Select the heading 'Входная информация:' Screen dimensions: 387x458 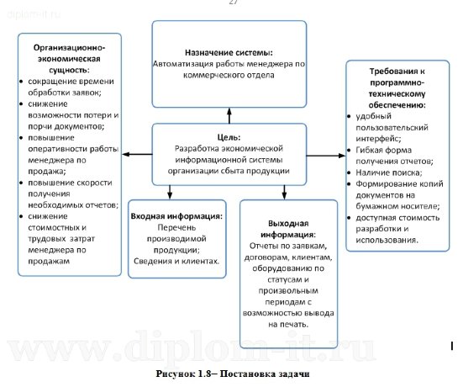pos(176,216)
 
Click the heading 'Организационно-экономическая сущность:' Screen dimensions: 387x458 pos(69,61)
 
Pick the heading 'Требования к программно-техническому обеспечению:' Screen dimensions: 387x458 pos(395,86)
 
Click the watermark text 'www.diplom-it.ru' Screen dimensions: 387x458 pos(229,346)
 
